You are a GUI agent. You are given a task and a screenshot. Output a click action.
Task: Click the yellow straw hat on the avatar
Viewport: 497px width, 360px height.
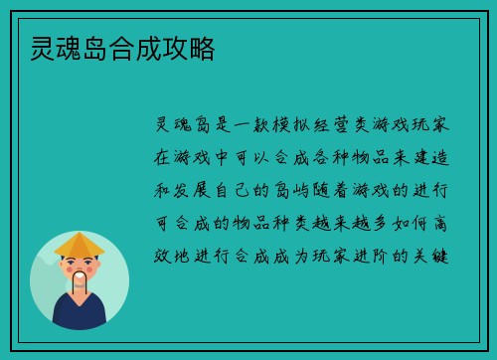click(80, 245)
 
